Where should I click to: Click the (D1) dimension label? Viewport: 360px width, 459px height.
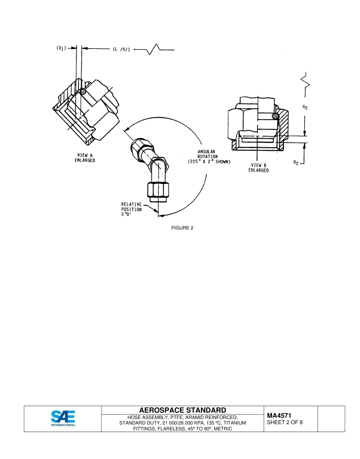[60, 48]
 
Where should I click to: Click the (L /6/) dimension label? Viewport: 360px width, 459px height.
[121, 49]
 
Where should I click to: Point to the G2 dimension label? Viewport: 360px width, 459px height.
[305, 107]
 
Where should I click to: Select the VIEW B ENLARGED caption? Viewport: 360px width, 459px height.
[258, 168]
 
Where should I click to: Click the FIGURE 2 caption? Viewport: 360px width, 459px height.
[182, 228]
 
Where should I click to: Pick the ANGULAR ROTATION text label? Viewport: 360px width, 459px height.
[208, 154]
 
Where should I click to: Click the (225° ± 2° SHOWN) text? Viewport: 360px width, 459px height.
[209, 161]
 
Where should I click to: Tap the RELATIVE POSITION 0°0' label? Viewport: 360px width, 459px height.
[131, 209]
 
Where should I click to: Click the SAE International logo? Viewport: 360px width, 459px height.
[63, 418]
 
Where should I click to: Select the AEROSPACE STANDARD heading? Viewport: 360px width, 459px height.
[183, 410]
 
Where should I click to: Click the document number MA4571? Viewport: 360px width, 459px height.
[279, 416]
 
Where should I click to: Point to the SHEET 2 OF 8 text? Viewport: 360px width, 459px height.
[285, 423]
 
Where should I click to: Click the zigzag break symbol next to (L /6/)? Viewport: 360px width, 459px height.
[154, 49]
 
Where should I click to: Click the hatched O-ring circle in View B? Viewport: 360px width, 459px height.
[275, 115]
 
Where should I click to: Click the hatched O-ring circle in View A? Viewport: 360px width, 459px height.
[83, 91]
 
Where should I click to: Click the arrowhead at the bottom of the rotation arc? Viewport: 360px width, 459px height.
[161, 215]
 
